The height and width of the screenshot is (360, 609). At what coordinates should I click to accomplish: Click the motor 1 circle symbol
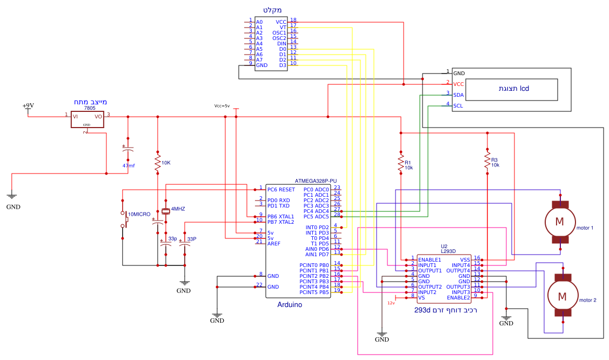pyautogui.click(x=560, y=221)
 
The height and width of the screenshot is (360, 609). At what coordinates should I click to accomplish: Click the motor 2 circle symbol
pyautogui.click(x=562, y=296)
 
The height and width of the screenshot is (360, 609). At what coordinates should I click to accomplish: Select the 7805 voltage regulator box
pyautogui.click(x=87, y=119)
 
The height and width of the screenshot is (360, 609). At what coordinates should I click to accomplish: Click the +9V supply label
pyautogui.click(x=28, y=106)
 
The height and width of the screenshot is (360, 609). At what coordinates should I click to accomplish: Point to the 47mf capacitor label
pyautogui.click(x=129, y=165)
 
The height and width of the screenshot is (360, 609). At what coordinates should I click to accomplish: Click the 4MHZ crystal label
pyautogui.click(x=179, y=208)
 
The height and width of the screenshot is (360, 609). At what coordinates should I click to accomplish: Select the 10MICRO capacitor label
pyautogui.click(x=139, y=215)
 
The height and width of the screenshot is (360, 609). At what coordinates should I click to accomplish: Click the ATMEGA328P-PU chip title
pyautogui.click(x=316, y=181)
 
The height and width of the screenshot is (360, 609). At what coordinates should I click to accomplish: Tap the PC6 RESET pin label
pyautogui.click(x=281, y=190)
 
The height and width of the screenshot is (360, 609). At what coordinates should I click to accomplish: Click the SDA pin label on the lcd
pyautogui.click(x=458, y=95)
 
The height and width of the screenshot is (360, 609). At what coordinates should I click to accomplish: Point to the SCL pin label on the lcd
pyautogui.click(x=458, y=106)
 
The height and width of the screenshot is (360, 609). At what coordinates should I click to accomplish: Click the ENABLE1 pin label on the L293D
pyautogui.click(x=430, y=260)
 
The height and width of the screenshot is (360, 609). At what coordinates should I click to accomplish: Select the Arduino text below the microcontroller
pyautogui.click(x=290, y=305)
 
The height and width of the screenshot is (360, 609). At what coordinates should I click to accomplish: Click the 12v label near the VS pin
pyautogui.click(x=391, y=303)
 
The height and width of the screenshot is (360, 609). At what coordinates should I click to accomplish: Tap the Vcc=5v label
pyautogui.click(x=222, y=106)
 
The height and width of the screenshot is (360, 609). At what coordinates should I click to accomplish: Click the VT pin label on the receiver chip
pyautogui.click(x=283, y=28)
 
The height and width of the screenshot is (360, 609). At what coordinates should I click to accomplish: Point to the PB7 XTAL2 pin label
pyautogui.click(x=280, y=222)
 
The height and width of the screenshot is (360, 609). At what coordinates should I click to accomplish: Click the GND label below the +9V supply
pyautogui.click(x=14, y=207)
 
